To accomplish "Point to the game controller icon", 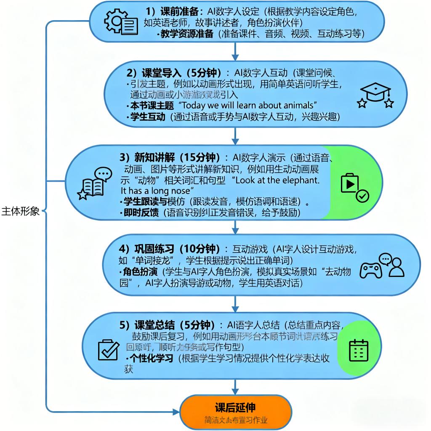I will (371, 270).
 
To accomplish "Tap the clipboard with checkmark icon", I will (108, 349).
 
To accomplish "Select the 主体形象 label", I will (21, 211).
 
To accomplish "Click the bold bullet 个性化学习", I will (152, 358).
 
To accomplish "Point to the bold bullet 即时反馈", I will (141, 213).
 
